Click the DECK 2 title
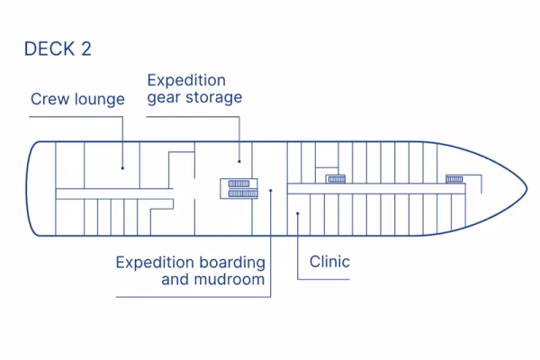58,49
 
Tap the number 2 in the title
85,49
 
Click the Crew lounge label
77,99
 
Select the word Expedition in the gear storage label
186,80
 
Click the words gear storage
194,97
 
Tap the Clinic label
329,262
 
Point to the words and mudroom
213,279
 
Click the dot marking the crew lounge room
122,166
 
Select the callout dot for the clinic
297,213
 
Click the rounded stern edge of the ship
29,188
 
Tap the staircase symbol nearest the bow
454,178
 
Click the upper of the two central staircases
241,183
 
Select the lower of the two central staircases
241,193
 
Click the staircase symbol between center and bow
336,178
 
